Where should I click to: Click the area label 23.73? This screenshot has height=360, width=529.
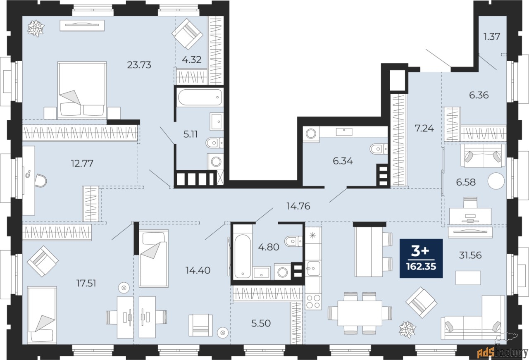click(x=139, y=64)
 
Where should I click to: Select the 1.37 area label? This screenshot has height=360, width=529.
click(x=492, y=36)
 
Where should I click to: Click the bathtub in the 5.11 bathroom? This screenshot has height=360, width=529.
click(x=200, y=98)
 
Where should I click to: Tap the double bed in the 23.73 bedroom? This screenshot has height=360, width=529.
click(x=82, y=88)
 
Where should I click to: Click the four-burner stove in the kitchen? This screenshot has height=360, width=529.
click(x=313, y=302)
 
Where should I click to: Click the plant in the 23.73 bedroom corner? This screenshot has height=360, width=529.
click(x=36, y=28)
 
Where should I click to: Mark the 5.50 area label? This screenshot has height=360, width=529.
click(x=261, y=323)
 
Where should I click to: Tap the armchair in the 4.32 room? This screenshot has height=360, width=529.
click(x=188, y=33)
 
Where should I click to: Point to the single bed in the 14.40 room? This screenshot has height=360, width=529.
click(x=153, y=258)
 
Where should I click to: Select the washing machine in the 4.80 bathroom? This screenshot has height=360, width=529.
click(x=283, y=272)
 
